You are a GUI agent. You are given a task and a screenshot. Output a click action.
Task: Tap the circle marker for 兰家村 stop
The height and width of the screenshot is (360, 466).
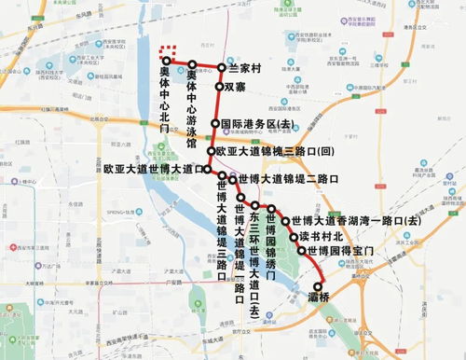pos(222,68)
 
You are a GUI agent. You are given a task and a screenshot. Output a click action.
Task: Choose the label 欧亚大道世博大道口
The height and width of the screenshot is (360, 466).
pos(154,169)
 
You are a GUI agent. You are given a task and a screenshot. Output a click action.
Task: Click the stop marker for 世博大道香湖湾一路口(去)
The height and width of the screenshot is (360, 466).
pos(285,221)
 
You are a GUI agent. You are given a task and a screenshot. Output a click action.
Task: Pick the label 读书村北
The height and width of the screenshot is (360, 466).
pos(322,237)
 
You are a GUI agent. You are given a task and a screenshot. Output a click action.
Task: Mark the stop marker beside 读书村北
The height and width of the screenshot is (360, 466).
pos(293,237)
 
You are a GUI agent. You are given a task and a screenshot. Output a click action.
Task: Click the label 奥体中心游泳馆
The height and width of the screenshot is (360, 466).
pos(191,111)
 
